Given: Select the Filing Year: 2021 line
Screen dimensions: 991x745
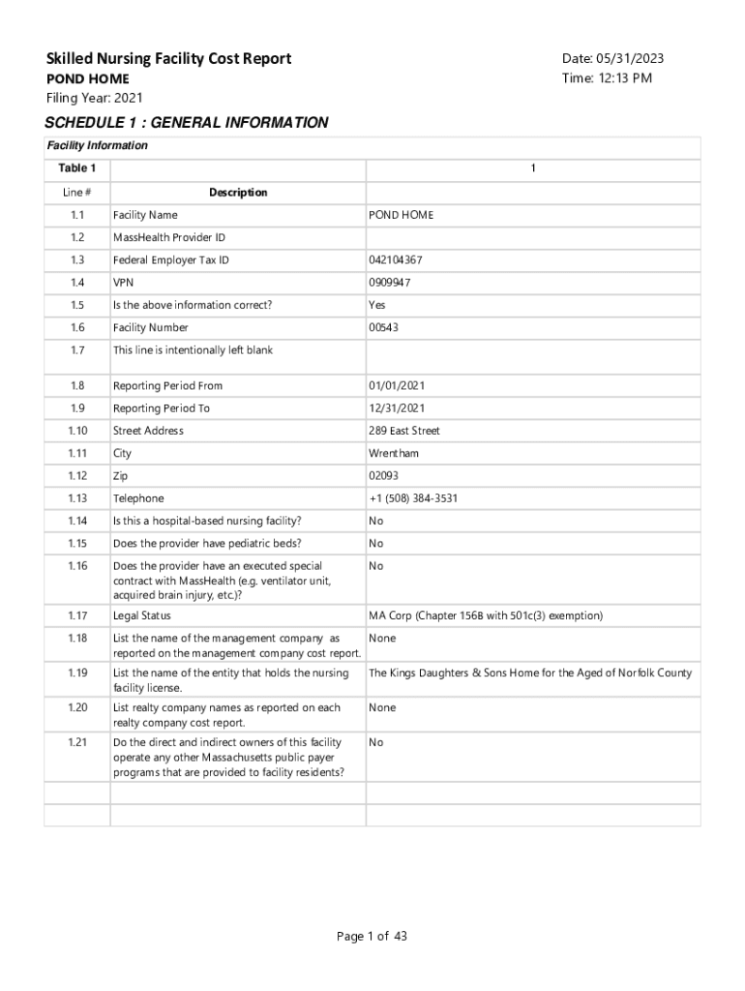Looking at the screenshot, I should coord(95,98).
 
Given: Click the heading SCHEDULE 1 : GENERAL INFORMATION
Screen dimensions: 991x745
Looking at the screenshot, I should coord(187,123).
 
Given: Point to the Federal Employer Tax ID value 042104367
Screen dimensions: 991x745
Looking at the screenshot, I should coord(395,260).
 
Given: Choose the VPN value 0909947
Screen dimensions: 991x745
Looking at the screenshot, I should coord(389,283).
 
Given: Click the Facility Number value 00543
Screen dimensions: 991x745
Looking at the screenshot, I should coord(383,328).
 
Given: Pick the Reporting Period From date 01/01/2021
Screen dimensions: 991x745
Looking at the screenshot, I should coord(398,386).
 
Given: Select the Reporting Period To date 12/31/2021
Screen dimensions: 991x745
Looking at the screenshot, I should coord(398,408).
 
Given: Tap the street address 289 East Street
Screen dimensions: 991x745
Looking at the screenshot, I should coord(403,431).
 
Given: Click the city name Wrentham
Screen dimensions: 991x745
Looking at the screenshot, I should coord(394,454).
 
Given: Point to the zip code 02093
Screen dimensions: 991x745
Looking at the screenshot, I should coord(383,476).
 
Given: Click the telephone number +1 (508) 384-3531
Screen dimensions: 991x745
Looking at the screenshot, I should coord(413,498).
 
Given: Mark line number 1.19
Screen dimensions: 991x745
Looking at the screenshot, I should coord(77,673).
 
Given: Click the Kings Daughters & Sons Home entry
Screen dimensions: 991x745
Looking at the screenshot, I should coord(530,673).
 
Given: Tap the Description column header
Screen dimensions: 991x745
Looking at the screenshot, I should coord(238,193).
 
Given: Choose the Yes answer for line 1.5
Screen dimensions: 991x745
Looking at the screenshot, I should coord(377,305).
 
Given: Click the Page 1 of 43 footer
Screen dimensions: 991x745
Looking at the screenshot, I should coord(372,936).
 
